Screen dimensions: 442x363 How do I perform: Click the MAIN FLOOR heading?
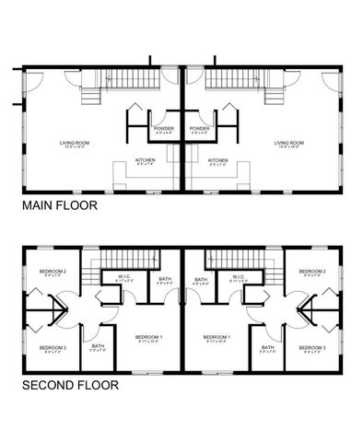(59, 207)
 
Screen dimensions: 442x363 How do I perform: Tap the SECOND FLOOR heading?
(69, 386)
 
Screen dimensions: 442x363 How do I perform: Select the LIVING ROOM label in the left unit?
(74, 142)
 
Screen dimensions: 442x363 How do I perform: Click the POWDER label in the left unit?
(164, 128)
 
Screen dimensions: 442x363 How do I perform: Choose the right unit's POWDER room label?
(199, 128)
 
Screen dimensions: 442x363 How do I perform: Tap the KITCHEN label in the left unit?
(146, 160)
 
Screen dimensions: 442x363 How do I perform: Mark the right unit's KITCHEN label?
(217, 160)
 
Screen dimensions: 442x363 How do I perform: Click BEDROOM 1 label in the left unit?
(149, 337)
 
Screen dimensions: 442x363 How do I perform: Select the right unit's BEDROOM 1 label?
(216, 337)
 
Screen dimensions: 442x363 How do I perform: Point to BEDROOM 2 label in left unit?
(53, 272)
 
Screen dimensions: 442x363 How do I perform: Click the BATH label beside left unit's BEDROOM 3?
(98, 347)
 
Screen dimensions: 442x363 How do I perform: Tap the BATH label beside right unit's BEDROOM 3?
(266, 347)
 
